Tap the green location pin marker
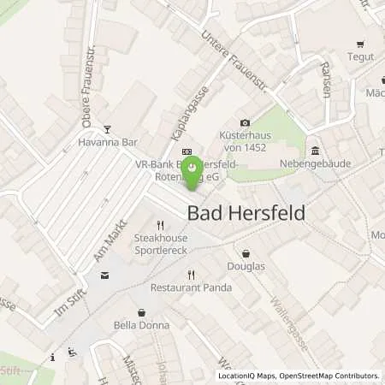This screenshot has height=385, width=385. coord(193,169)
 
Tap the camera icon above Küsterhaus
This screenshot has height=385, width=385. coord(246,123)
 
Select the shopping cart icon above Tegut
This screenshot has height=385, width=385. coord(360,43)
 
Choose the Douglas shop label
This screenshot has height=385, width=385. coord(247,266)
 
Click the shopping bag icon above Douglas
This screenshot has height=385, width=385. coord(247,253)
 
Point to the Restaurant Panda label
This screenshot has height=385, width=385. coord(192,288)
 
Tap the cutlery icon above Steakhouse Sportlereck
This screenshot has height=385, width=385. coord(159,226)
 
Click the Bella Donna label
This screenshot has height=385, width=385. coord(141,325)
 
